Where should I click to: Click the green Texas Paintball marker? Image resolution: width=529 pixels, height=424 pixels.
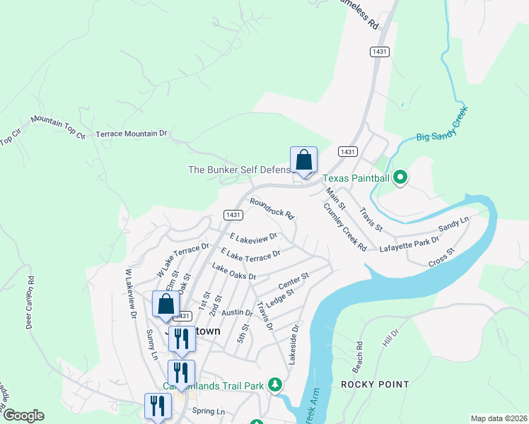400,177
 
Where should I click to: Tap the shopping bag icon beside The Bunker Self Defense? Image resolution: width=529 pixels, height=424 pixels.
303,160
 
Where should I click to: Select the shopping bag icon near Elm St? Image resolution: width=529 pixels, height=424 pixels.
165,304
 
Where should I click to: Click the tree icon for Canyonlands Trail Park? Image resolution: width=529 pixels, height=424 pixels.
275,385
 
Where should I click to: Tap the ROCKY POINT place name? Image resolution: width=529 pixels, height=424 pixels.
375,384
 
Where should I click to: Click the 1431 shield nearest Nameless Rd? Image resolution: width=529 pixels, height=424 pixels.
380,52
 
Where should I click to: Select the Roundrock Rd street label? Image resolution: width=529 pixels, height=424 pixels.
271,208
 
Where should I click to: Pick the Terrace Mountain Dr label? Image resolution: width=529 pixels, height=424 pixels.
131,133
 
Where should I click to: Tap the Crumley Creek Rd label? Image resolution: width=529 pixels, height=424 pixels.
344,227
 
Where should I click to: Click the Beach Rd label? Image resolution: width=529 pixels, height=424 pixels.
359,358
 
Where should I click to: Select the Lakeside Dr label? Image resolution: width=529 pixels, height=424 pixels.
293,343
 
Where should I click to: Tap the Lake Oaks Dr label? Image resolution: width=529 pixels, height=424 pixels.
233,272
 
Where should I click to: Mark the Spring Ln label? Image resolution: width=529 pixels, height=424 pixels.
208,411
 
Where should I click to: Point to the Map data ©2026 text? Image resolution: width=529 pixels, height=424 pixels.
498,418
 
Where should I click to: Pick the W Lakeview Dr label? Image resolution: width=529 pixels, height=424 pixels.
131,294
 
